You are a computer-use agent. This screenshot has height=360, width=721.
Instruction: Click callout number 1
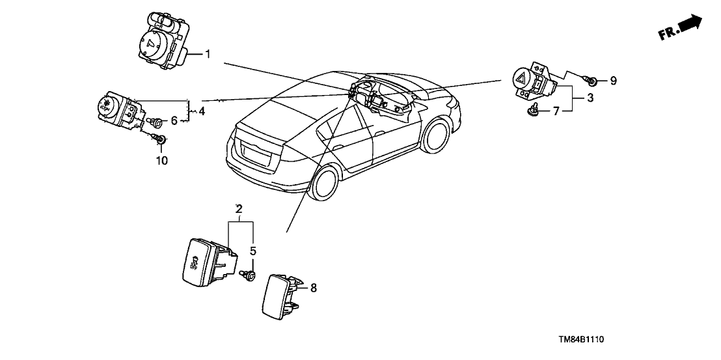[x=208, y=54]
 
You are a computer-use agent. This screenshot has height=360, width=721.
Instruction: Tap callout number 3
[x=590, y=98]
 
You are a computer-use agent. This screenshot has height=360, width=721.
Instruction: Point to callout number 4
[x=202, y=111]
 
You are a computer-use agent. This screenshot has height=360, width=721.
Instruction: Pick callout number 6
[x=174, y=120]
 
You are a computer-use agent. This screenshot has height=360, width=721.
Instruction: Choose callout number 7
[x=556, y=112]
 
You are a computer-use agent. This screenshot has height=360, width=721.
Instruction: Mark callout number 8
[x=314, y=287]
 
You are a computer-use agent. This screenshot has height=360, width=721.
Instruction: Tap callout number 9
[x=613, y=81]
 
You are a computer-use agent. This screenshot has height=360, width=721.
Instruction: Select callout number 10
[x=161, y=160]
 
